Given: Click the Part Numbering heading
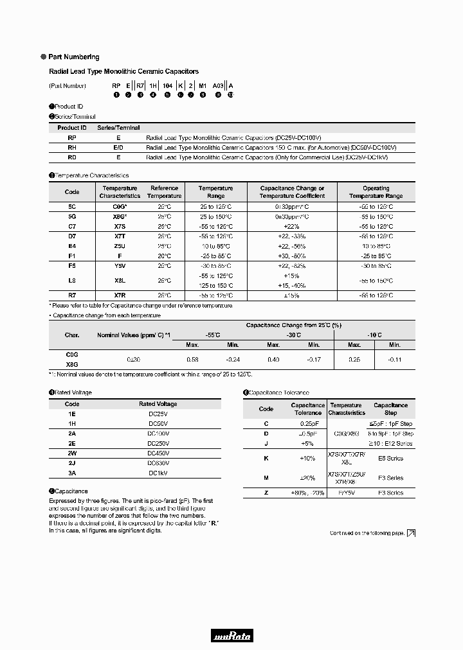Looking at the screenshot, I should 74,57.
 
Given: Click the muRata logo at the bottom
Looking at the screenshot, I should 232,637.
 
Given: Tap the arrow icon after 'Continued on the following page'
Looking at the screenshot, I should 412,533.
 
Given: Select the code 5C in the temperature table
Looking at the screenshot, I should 72,207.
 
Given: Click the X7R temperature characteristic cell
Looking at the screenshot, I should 120,295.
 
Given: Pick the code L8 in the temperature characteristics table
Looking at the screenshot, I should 72,280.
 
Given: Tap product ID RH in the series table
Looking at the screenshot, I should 72,147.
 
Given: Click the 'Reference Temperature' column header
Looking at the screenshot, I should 165,192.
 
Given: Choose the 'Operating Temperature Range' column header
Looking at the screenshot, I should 376,192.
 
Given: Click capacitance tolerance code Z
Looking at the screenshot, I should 266,493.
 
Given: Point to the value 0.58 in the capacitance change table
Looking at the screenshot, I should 192,359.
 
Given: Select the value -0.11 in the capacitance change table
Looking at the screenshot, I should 394,359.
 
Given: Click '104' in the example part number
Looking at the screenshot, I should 167,85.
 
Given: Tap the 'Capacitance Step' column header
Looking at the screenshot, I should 390,409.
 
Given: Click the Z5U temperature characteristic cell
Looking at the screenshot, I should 120,246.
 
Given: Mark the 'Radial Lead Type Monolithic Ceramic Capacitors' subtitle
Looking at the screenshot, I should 124,71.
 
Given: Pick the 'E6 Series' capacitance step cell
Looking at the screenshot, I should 390,458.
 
